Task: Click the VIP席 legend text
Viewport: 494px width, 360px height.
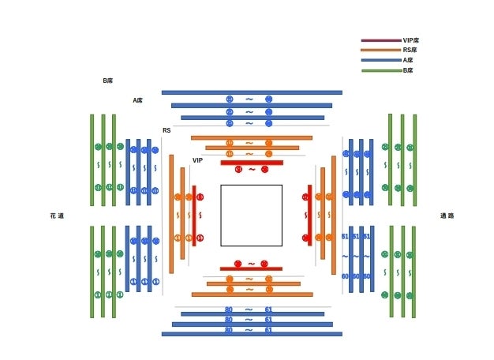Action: [x=410, y=39]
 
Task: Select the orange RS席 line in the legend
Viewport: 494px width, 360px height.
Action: [x=380, y=50]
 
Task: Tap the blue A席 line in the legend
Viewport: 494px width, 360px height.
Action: [x=380, y=60]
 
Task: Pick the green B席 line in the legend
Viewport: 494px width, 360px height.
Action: [x=380, y=70]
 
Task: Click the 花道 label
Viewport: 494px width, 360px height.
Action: [x=57, y=215]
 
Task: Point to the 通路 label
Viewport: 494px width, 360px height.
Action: [x=447, y=215]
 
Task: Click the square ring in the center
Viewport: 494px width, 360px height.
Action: [x=251, y=215]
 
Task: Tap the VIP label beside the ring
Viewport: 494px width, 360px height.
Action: [x=198, y=160]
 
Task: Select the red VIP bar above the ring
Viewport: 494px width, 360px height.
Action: [x=252, y=163]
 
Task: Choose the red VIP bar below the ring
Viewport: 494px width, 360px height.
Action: [x=252, y=268]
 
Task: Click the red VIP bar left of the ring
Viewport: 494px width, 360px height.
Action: [x=194, y=215]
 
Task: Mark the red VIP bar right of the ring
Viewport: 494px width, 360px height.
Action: [x=309, y=215]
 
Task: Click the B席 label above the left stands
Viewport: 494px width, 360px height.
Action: [x=108, y=81]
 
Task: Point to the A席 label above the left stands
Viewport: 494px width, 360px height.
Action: [x=137, y=100]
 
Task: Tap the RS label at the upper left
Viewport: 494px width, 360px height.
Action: [x=167, y=130]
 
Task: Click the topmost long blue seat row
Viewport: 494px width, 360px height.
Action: [x=252, y=92]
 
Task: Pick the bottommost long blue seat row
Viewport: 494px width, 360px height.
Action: [x=252, y=334]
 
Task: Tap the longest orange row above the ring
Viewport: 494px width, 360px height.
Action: [x=252, y=137]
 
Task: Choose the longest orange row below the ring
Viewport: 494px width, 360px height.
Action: [x=252, y=294]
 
